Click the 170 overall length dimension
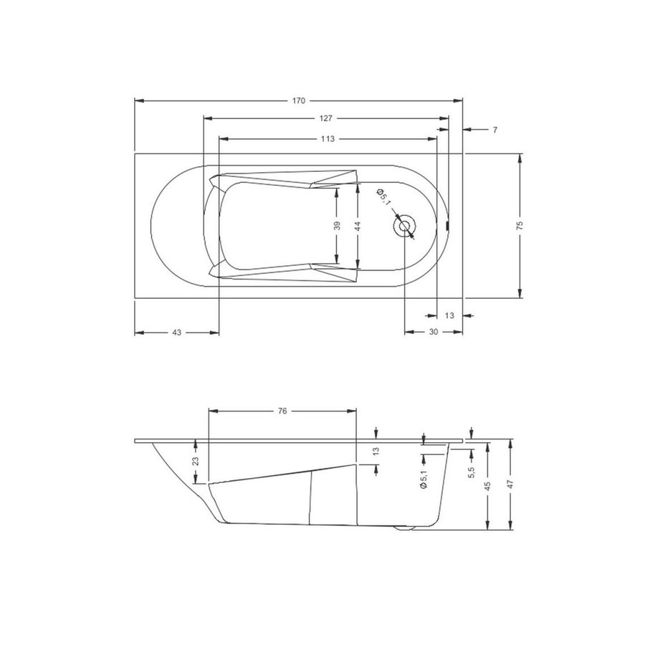coord(299,100)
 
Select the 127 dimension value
coord(326,118)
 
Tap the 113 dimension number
coord(328,138)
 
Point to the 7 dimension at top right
coord(495,130)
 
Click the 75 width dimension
coord(520,225)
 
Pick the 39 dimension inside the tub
coord(337,225)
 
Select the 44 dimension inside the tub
coord(358,225)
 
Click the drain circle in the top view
coord(404,226)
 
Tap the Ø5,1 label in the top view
coord(384,198)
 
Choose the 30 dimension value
coord(434,333)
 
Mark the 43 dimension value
coord(176,333)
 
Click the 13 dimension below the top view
coord(449,315)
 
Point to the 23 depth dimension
coord(196,462)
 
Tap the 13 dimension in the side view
coord(376,451)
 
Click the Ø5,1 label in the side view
coord(423,477)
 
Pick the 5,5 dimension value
coord(470,474)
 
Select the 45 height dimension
coord(488,485)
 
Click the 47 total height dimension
coord(510,485)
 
